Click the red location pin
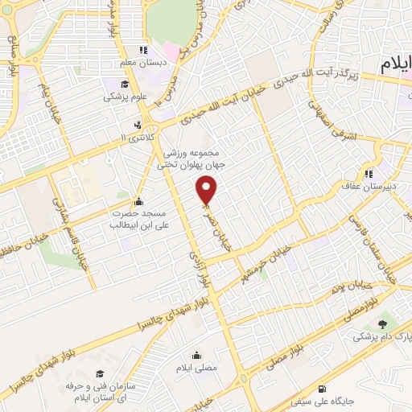coord(208,190)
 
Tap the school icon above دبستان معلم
coord(143,49)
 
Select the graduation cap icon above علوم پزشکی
coord(125,84)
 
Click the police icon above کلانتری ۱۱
coord(138,125)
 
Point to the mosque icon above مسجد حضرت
coord(138,202)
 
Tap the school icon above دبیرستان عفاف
coord(368,173)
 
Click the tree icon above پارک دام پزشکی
coord(381,323)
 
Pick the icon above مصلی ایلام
coord(196,355)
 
